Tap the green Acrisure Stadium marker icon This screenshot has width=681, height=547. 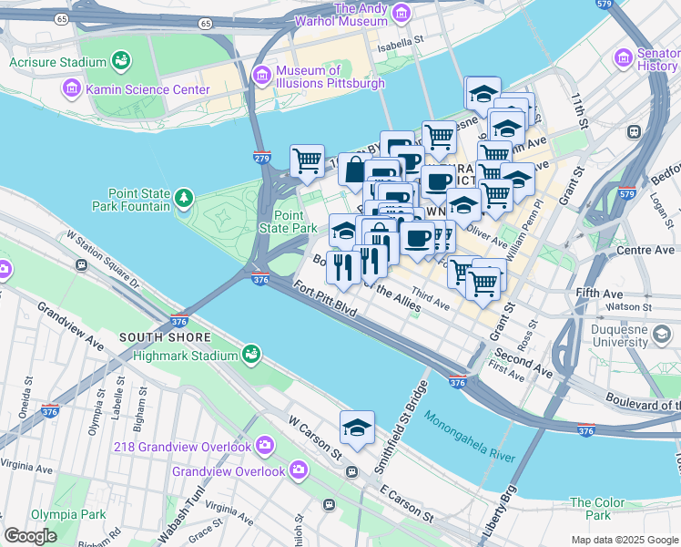click(x=120, y=61)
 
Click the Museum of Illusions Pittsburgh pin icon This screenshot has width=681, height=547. click(x=262, y=74)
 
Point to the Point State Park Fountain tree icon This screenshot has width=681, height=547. click(x=185, y=198)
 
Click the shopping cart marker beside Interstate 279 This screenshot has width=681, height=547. click(x=307, y=160)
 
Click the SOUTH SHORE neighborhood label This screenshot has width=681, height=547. click(x=153, y=337)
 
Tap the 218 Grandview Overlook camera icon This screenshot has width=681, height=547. click(x=264, y=446)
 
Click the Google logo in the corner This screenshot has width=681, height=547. click(x=30, y=536)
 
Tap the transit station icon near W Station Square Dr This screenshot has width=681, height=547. click(x=82, y=265)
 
